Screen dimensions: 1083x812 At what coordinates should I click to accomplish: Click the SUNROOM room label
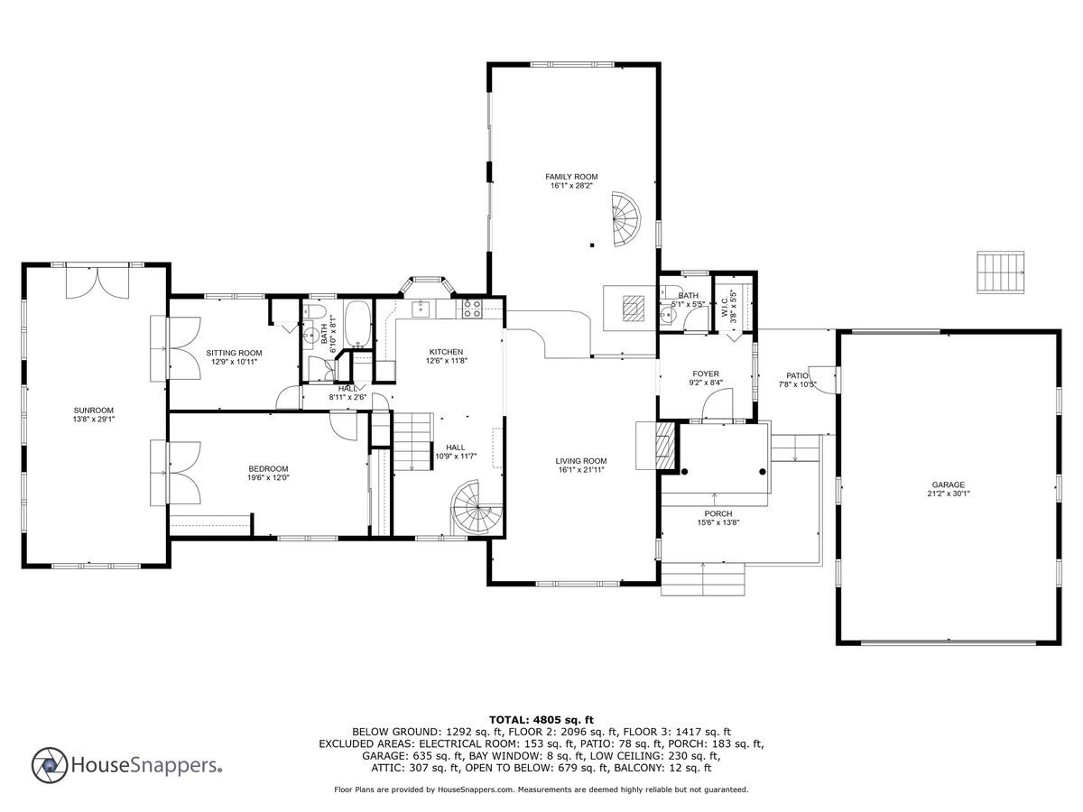[x=94, y=411]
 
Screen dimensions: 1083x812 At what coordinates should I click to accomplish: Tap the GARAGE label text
[x=949, y=484]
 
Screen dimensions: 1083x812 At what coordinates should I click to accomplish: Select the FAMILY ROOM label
[x=571, y=177]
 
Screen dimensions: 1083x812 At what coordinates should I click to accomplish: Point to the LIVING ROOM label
[x=581, y=461]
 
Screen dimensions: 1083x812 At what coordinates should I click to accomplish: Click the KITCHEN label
[x=446, y=352]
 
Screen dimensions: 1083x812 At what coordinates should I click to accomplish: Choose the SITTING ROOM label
[x=234, y=353]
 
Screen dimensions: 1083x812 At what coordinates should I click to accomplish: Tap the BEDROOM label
[x=268, y=469]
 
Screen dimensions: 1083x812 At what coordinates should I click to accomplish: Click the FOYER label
[x=706, y=374]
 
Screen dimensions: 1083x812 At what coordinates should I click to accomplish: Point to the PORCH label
[x=718, y=513]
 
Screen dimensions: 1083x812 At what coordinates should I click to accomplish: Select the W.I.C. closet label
[x=724, y=306]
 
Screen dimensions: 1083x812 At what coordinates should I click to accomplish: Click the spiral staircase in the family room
[x=626, y=219]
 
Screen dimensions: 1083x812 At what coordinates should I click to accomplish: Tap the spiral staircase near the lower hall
[x=477, y=508]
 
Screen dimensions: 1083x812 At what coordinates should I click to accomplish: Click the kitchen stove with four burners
[x=472, y=309]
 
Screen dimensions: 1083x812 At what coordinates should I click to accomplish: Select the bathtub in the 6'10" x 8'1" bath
[x=357, y=323]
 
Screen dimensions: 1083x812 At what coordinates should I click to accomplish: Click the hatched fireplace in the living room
[x=664, y=446]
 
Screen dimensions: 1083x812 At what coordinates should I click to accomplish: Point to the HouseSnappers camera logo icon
[x=50, y=765]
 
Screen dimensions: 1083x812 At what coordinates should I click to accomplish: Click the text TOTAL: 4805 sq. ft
[x=541, y=720]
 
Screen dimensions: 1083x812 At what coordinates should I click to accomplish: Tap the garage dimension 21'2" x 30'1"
[x=949, y=494]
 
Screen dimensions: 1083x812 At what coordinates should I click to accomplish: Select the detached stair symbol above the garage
[x=1001, y=272]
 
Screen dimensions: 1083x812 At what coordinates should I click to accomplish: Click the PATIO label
[x=797, y=375]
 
